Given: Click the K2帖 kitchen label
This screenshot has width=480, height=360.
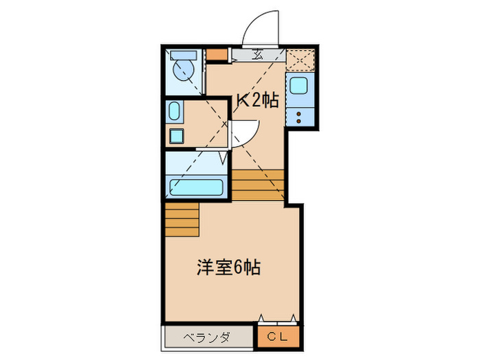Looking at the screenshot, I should click(x=257, y=100).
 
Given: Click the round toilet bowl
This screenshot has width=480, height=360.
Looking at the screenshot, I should click(x=183, y=71).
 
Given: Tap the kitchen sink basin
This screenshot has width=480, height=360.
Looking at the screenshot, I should click(x=300, y=88).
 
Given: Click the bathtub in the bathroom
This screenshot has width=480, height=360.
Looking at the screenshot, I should click(x=196, y=187).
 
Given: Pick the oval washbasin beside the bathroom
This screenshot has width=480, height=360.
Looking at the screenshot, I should click(x=175, y=111).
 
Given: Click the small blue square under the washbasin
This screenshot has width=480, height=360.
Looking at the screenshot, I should click(x=177, y=135).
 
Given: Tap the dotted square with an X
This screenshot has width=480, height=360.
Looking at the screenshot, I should click(x=300, y=60).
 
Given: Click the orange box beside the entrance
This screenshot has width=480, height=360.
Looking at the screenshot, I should click(x=217, y=55).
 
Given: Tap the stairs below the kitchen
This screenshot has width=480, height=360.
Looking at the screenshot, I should click(x=258, y=184).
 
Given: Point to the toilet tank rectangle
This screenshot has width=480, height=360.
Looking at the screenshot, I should click(x=182, y=55).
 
